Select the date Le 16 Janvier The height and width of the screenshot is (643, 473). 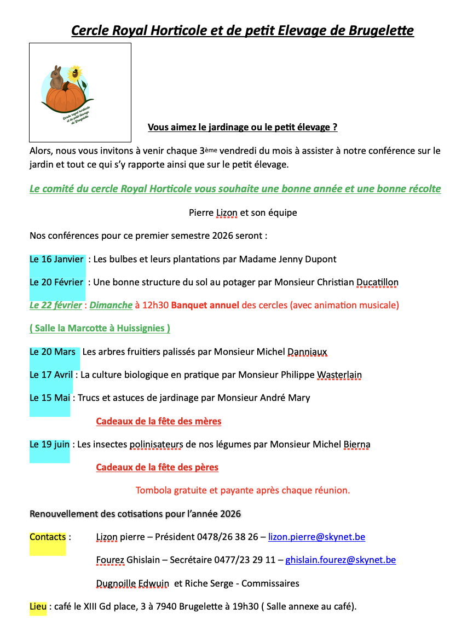tap(57, 259)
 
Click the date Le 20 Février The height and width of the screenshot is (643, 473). tap(57, 283)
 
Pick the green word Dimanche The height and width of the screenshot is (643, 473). tap(111, 305)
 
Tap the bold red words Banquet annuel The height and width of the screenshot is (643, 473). tap(205, 305)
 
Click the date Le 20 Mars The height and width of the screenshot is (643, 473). tap(53, 352)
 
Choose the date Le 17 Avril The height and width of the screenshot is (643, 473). tap(51, 375)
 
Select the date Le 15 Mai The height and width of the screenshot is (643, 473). tap(50, 398)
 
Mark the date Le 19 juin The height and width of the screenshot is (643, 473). tap(49, 445)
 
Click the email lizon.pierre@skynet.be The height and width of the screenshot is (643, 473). tap(316, 537)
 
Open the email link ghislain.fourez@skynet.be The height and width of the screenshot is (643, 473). tap(341, 560)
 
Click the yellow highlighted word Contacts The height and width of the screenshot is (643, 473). tap(48, 537)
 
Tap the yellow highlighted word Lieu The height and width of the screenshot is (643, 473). tap(38, 606)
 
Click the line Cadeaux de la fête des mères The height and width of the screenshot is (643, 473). tap(159, 421)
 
